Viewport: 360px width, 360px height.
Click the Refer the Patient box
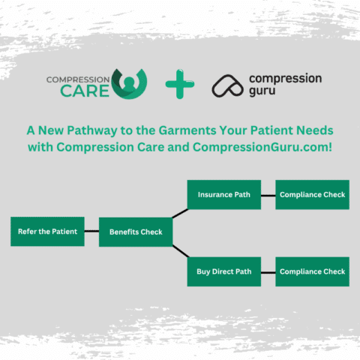click(x=47, y=232)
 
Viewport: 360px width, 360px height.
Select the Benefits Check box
click(x=136, y=232)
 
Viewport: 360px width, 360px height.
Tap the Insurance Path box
click(x=223, y=195)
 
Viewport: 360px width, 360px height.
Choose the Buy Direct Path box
click(x=223, y=271)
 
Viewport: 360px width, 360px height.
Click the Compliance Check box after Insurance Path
click(x=312, y=195)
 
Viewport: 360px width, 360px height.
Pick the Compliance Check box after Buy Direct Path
click(x=312, y=271)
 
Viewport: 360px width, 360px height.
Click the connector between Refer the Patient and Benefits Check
click(x=91, y=232)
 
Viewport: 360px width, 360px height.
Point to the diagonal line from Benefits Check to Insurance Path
click(x=180, y=213)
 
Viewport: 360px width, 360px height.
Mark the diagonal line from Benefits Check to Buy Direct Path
click(x=180, y=251)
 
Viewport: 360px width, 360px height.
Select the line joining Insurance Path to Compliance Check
click(x=268, y=195)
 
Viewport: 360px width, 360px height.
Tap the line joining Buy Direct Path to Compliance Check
click(x=268, y=271)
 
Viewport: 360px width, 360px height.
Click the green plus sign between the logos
click(x=179, y=85)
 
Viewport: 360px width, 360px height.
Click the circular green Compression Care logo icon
click(x=129, y=84)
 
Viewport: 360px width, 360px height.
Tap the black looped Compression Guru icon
click(x=226, y=85)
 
